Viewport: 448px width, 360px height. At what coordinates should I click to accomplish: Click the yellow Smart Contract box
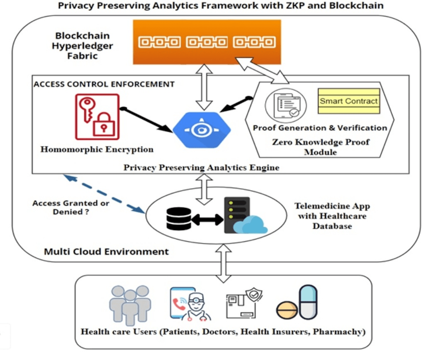point(348,100)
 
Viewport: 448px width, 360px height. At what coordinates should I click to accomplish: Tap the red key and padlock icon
point(97,116)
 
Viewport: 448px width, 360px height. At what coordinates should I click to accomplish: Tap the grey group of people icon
point(130,304)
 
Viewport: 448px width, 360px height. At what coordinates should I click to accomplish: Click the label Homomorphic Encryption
point(97,149)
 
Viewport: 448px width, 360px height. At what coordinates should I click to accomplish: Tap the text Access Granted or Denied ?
point(71,207)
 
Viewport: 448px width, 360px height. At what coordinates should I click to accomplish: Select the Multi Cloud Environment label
point(106,251)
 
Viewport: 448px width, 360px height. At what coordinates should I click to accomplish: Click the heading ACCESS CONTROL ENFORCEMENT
point(104,84)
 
